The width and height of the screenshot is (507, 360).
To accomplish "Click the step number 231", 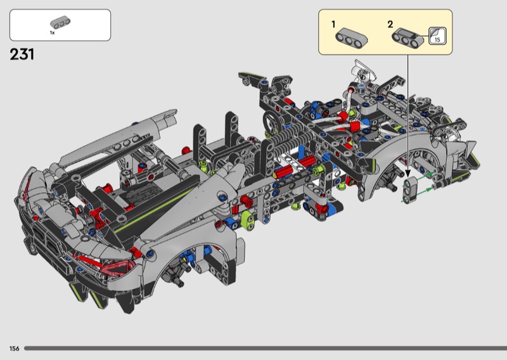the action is click(x=22, y=55).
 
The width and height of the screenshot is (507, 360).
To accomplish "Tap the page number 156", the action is click(x=14, y=349).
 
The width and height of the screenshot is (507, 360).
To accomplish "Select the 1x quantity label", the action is click(x=52, y=33).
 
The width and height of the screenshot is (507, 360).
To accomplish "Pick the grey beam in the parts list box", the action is click(x=60, y=23).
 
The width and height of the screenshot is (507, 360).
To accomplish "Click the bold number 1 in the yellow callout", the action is click(x=333, y=24).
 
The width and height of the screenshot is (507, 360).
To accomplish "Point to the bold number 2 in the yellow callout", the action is click(x=390, y=24).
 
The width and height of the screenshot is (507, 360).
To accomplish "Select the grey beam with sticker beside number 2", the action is click(x=408, y=37).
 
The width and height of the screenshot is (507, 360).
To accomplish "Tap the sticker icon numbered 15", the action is click(x=437, y=36).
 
